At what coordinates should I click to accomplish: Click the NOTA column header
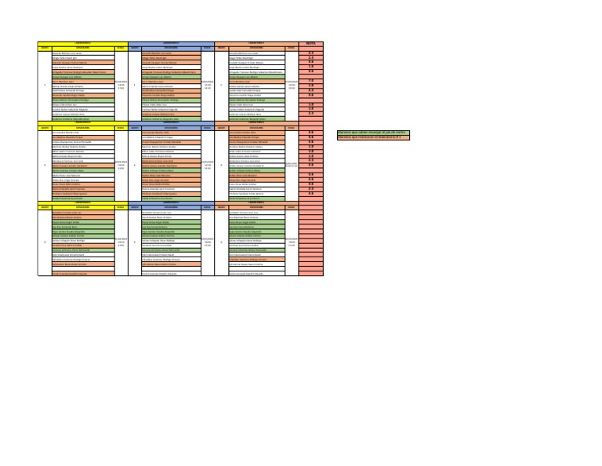(x=310, y=42)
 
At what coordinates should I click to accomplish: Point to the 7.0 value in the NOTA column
(x=310, y=81)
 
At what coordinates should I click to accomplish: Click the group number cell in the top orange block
(x=222, y=86)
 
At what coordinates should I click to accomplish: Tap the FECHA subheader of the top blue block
(x=207, y=47)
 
